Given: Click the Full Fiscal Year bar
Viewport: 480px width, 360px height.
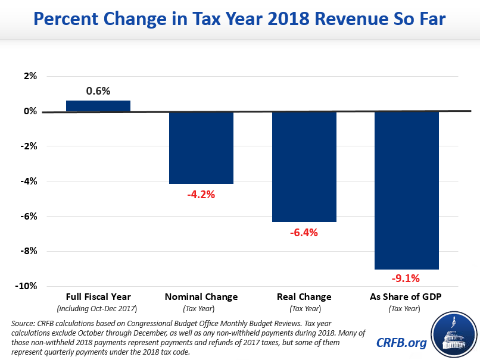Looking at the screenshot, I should pyautogui.click(x=98, y=106).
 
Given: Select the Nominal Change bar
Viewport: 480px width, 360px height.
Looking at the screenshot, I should pyautogui.click(x=201, y=148).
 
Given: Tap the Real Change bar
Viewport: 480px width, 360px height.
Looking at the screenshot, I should pyautogui.click(x=304, y=167).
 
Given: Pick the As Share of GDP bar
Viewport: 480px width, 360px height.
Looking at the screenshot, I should pyautogui.click(x=407, y=190).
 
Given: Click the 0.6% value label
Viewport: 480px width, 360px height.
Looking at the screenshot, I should pyautogui.click(x=98, y=91).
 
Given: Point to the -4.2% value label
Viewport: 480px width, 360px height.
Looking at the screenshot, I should pyautogui.click(x=201, y=194).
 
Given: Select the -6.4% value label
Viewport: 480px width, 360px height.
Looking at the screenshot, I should pyautogui.click(x=304, y=233).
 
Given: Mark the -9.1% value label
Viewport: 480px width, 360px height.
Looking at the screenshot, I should pyautogui.click(x=407, y=278).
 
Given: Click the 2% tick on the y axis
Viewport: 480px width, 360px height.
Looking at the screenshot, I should pyautogui.click(x=30, y=76).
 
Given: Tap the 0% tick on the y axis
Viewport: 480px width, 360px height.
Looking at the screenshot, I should pyautogui.click(x=30, y=111).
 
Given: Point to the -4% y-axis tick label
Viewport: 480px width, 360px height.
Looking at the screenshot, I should pyautogui.click(x=29, y=181).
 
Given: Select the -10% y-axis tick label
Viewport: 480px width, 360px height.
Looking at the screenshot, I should pyautogui.click(x=27, y=286).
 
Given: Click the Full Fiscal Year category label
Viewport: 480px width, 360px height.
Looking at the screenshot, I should pyautogui.click(x=98, y=296).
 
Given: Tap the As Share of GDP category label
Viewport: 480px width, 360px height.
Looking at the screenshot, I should pyautogui.click(x=407, y=296).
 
